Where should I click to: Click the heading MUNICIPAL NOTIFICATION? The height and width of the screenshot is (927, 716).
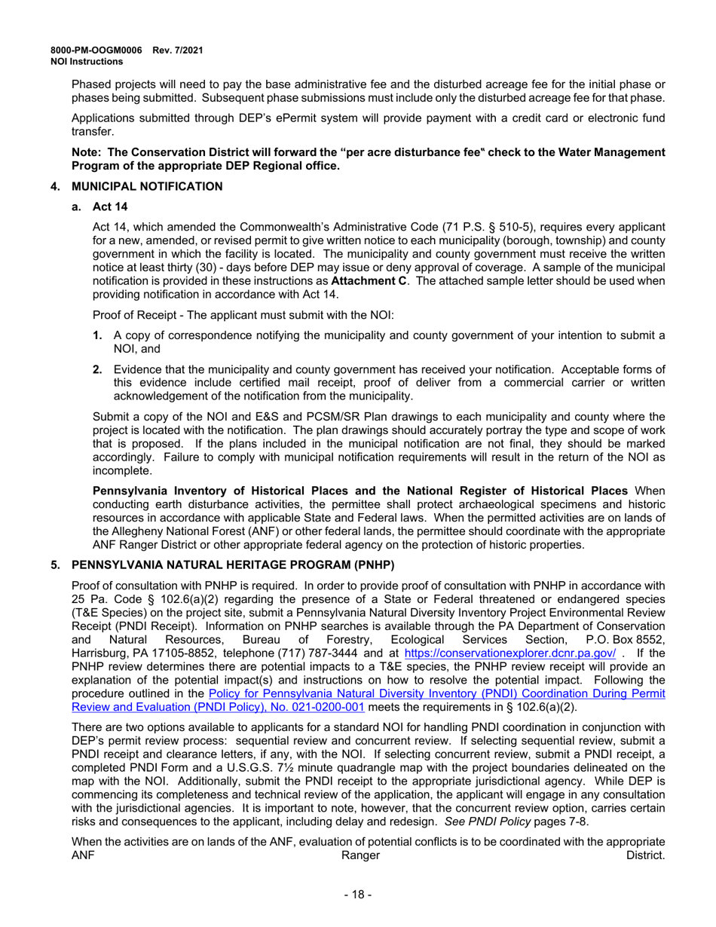click(x=146, y=186)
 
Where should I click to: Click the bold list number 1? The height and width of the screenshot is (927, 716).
click(x=97, y=335)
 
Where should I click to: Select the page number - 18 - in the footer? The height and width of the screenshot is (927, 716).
click(x=358, y=895)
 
